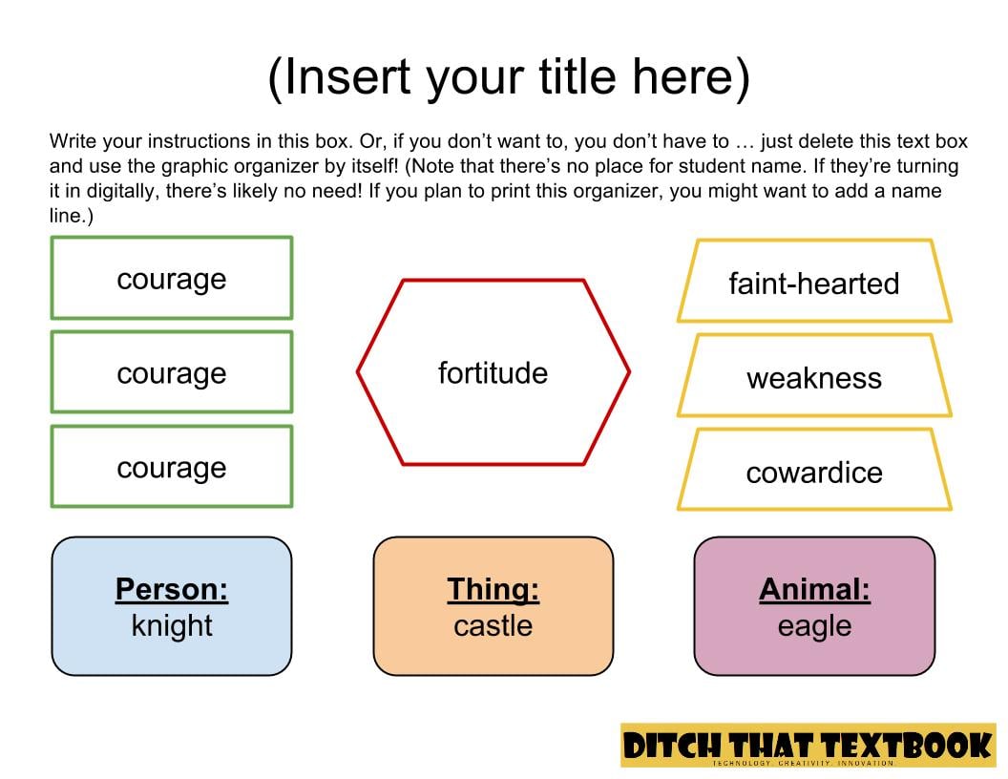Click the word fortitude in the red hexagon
[x=493, y=372]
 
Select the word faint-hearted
[x=814, y=284]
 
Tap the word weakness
[x=814, y=378]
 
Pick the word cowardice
[x=814, y=473]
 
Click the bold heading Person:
[x=172, y=589]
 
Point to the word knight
[x=172, y=625]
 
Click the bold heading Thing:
[x=493, y=589]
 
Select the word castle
[x=493, y=625]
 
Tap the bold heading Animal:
[x=814, y=589]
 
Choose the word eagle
[x=814, y=626]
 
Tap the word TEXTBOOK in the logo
[x=908, y=746]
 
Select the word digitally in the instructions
[x=121, y=191]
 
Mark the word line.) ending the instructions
[x=72, y=216]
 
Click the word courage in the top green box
[x=172, y=279]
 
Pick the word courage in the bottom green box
[x=172, y=468]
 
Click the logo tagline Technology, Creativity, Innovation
[x=803, y=763]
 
